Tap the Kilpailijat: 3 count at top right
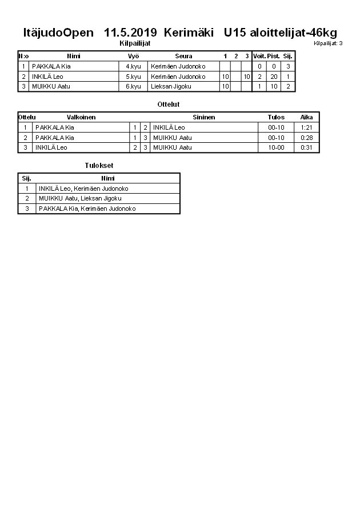pyautogui.click(x=328, y=43)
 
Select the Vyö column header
pyautogui.click(x=133, y=56)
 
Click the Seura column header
pyautogui.click(x=183, y=56)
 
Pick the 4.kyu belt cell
pyautogui.click(x=133, y=66)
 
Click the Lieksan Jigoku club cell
pyautogui.click(x=171, y=86)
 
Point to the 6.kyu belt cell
pyautogui.click(x=133, y=86)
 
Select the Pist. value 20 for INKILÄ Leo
pyautogui.click(x=274, y=77)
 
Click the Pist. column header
pyautogui.click(x=274, y=56)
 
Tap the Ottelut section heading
pyautogui.click(x=169, y=105)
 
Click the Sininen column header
pyautogui.click(x=203, y=117)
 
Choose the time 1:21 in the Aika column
pyautogui.click(x=306, y=127)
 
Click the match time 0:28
pyautogui.click(x=306, y=138)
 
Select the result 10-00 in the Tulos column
pyautogui.click(x=276, y=147)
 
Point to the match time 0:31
pyautogui.click(x=306, y=147)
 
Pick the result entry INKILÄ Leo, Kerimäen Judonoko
pyautogui.click(x=83, y=189)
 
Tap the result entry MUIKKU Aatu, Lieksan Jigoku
pyautogui.click(x=80, y=198)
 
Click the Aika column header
pyautogui.click(x=306, y=117)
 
